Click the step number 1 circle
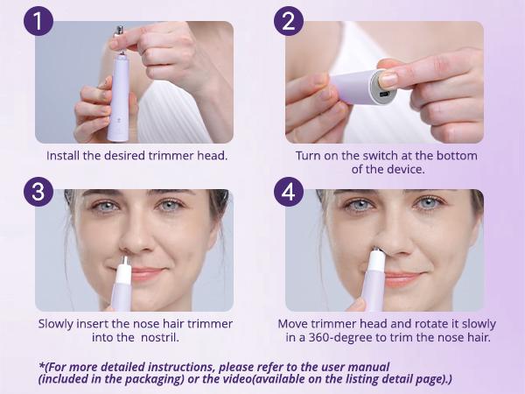pyautogui.click(x=38, y=19)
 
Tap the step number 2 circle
pyautogui.click(x=288, y=19)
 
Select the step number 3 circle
pyautogui.click(x=38, y=191)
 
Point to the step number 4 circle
pyautogui.click(x=288, y=191)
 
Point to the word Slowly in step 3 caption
pyautogui.click(x=58, y=323)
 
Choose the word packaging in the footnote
pyautogui.click(x=139, y=378)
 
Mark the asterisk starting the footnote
pyautogui.click(x=40, y=365)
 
